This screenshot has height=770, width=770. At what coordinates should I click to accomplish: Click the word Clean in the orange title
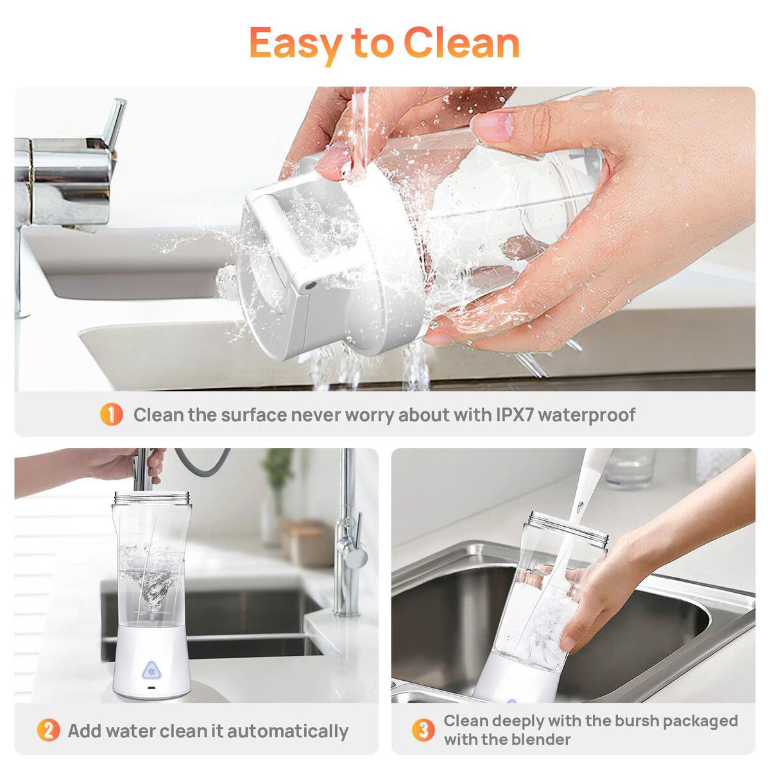[461, 43]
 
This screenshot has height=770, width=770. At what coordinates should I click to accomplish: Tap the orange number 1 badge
[111, 415]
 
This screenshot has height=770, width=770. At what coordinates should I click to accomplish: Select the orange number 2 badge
[48, 732]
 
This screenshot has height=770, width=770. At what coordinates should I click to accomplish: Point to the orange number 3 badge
[424, 730]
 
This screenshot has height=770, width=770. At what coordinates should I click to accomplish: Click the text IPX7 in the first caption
[514, 415]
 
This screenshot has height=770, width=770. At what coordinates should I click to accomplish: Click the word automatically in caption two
[287, 732]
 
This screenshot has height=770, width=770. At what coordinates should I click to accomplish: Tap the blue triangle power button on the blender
[151, 671]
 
